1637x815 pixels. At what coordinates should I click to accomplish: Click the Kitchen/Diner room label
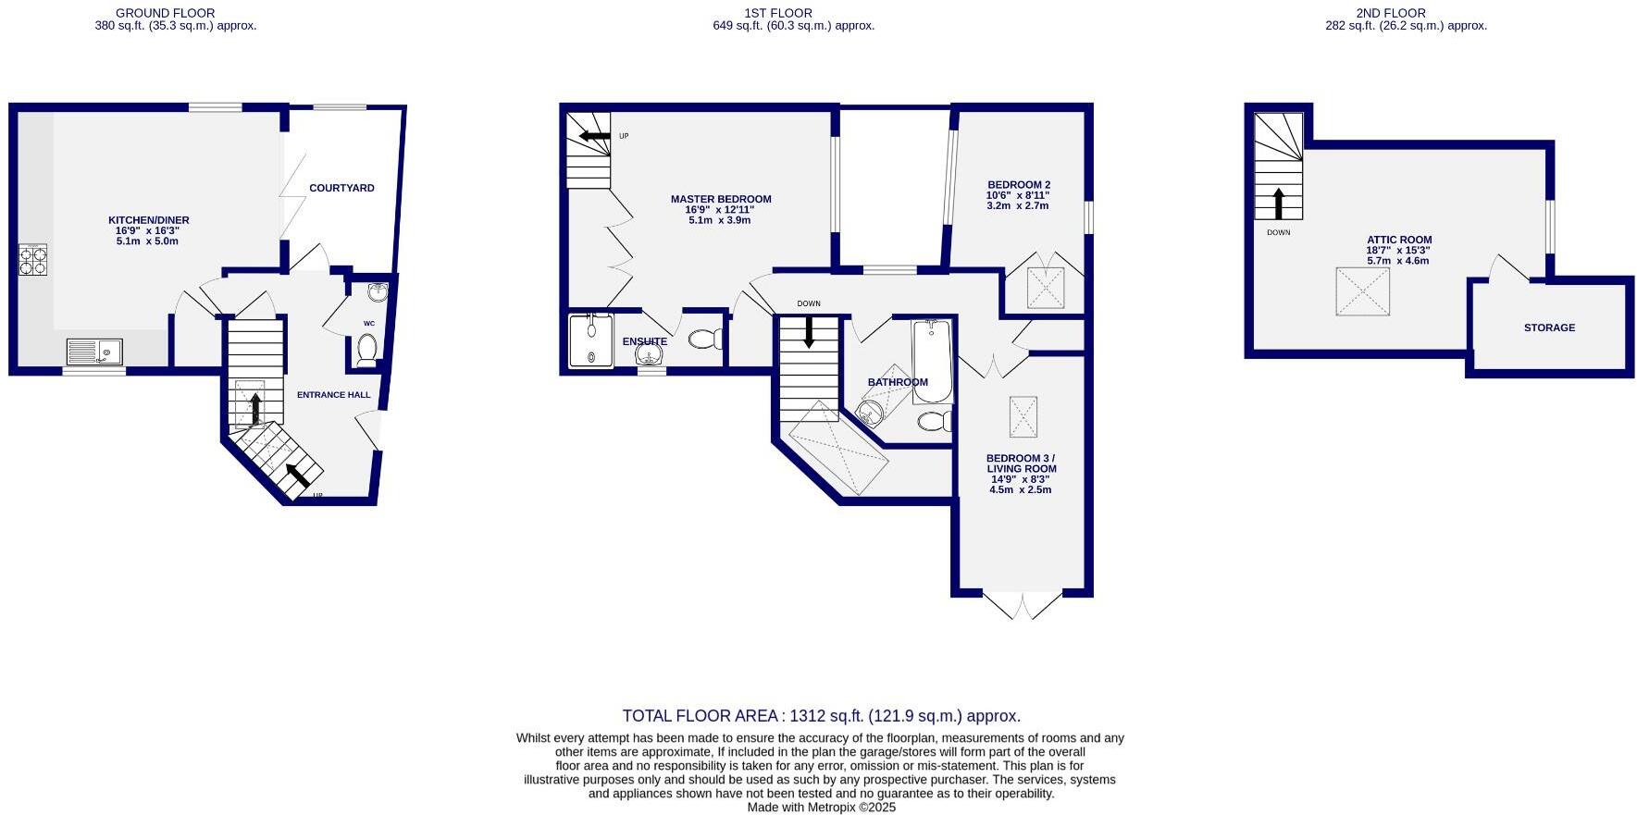pyautogui.click(x=148, y=220)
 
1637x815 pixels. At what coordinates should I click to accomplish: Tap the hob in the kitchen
pyautogui.click(x=32, y=260)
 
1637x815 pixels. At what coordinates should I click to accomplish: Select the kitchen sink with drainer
pyautogui.click(x=94, y=352)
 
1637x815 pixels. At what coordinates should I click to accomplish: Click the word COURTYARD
pyautogui.click(x=341, y=188)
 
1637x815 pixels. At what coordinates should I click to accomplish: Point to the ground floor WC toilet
pyautogui.click(x=366, y=351)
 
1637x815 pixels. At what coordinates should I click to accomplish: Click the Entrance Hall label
pyautogui.click(x=333, y=395)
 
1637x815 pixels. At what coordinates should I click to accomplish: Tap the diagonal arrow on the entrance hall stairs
pyautogui.click(x=297, y=475)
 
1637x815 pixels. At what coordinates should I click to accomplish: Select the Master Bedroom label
pyautogui.click(x=721, y=199)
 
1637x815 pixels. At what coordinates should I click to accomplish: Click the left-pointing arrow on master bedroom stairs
pyautogui.click(x=589, y=137)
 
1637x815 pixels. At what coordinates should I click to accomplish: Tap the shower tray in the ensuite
pyautogui.click(x=590, y=340)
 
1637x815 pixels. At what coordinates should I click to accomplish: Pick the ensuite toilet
pyautogui.click(x=706, y=340)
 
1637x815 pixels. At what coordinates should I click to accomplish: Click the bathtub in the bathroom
pyautogui.click(x=931, y=361)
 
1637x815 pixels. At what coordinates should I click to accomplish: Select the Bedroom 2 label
pyautogui.click(x=1018, y=185)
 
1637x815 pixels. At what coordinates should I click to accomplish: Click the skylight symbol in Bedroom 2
pyautogui.click(x=1046, y=288)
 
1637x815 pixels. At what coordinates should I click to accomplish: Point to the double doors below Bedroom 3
pyautogui.click(x=1022, y=605)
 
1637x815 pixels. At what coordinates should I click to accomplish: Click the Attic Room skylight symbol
pyautogui.click(x=1362, y=291)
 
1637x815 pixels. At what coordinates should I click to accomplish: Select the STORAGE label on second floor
pyautogui.click(x=1549, y=327)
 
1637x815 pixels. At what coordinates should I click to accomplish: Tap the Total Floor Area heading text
pyautogui.click(x=821, y=715)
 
